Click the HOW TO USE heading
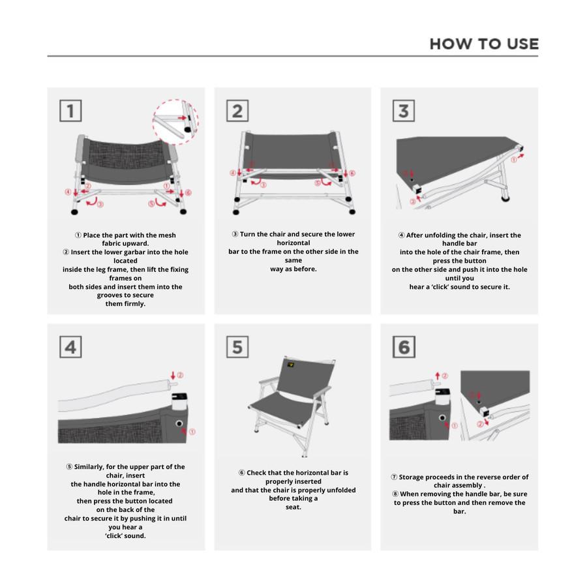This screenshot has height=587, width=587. pyautogui.click(x=484, y=44)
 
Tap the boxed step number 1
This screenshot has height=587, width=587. pyautogui.click(x=70, y=110)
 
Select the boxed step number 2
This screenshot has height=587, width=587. pyautogui.click(x=237, y=110)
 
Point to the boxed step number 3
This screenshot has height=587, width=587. pyautogui.click(x=404, y=110)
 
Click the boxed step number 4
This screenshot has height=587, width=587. pyautogui.click(x=70, y=347)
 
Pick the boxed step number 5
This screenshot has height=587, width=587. pyautogui.click(x=237, y=347)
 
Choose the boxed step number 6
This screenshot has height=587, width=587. pyautogui.click(x=404, y=347)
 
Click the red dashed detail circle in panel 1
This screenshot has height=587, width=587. pyautogui.click(x=153, y=122)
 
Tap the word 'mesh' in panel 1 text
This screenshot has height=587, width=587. pyautogui.click(x=166, y=235)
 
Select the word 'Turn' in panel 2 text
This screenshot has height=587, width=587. pyautogui.click(x=247, y=234)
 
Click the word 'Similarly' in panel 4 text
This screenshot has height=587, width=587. pyautogui.click(x=88, y=467)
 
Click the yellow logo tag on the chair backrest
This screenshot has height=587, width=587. pyautogui.click(x=290, y=365)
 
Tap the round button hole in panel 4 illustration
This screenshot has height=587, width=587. pyautogui.click(x=179, y=423)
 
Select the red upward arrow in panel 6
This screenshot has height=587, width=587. pyautogui.click(x=437, y=376)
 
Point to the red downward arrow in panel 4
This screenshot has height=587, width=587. pyautogui.click(x=173, y=376)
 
